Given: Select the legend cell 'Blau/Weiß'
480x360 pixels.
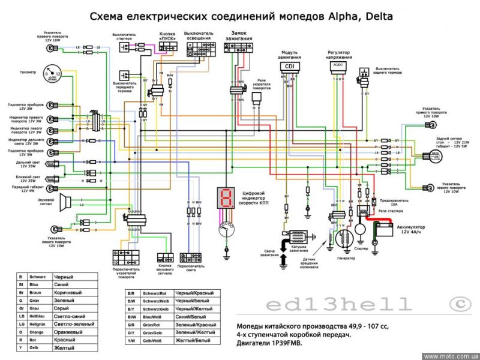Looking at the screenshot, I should point(153,317).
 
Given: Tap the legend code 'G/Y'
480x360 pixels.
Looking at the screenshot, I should point(131,332).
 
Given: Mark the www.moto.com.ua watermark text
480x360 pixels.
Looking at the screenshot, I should point(449,356).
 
